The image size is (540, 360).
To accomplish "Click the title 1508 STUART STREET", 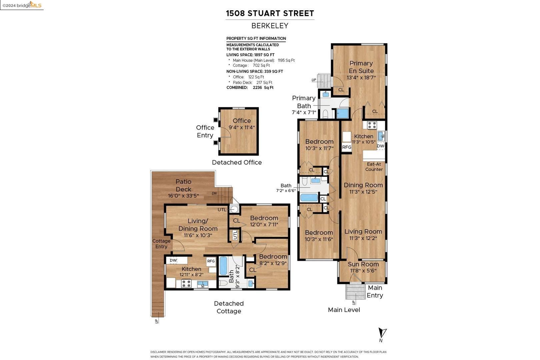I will point(270,13).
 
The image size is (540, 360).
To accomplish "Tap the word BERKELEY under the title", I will point(270,26).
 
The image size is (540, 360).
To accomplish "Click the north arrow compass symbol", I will point(382,334).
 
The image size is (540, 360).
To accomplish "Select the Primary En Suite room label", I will point(361,67).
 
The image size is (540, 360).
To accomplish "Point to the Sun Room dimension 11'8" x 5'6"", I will point(363,271).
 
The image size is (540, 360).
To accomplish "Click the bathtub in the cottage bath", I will point(223,265).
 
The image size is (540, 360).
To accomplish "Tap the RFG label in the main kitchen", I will point(347,147).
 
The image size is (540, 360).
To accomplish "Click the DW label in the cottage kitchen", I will point(173,260).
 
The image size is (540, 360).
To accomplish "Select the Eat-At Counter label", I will point(374,167).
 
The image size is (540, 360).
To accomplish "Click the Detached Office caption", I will point(237,162).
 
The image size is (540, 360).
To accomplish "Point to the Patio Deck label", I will point(183,185).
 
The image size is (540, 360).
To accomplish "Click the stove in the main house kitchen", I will point(372,125).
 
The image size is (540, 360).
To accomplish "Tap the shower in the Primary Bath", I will point(342,113).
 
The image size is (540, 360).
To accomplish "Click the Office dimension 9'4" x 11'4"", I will point(242,127).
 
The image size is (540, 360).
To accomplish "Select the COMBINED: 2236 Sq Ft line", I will point(250,88).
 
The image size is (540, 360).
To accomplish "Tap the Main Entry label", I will point(375,291).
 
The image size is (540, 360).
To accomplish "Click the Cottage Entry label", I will point(161,244).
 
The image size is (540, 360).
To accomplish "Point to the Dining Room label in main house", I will point(363,185).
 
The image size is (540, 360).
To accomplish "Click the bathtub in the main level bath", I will point(309,197).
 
